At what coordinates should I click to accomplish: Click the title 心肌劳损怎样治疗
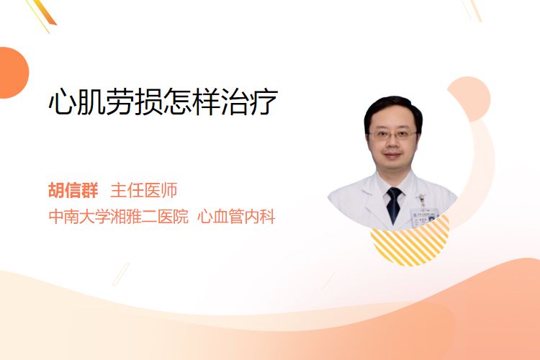[163, 102]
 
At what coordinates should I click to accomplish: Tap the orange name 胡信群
[73, 190]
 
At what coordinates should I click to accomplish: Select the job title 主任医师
[143, 190]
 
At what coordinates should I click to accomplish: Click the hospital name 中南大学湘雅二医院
[119, 217]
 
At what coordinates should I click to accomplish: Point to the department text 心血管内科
[236, 217]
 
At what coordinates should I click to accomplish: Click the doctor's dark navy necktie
[394, 204]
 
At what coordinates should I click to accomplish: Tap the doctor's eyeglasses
[392, 135]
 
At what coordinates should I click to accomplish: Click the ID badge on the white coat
[424, 215]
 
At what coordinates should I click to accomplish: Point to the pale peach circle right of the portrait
[469, 99]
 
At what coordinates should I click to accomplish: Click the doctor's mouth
[392, 156]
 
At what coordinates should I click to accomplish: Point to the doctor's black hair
[393, 109]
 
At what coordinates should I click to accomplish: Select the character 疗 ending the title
[264, 102]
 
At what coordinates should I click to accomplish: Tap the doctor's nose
[392, 144]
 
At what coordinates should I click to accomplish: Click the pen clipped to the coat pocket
[420, 200]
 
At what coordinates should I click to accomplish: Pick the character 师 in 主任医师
[169, 190]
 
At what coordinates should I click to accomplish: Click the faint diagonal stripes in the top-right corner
[472, 10]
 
